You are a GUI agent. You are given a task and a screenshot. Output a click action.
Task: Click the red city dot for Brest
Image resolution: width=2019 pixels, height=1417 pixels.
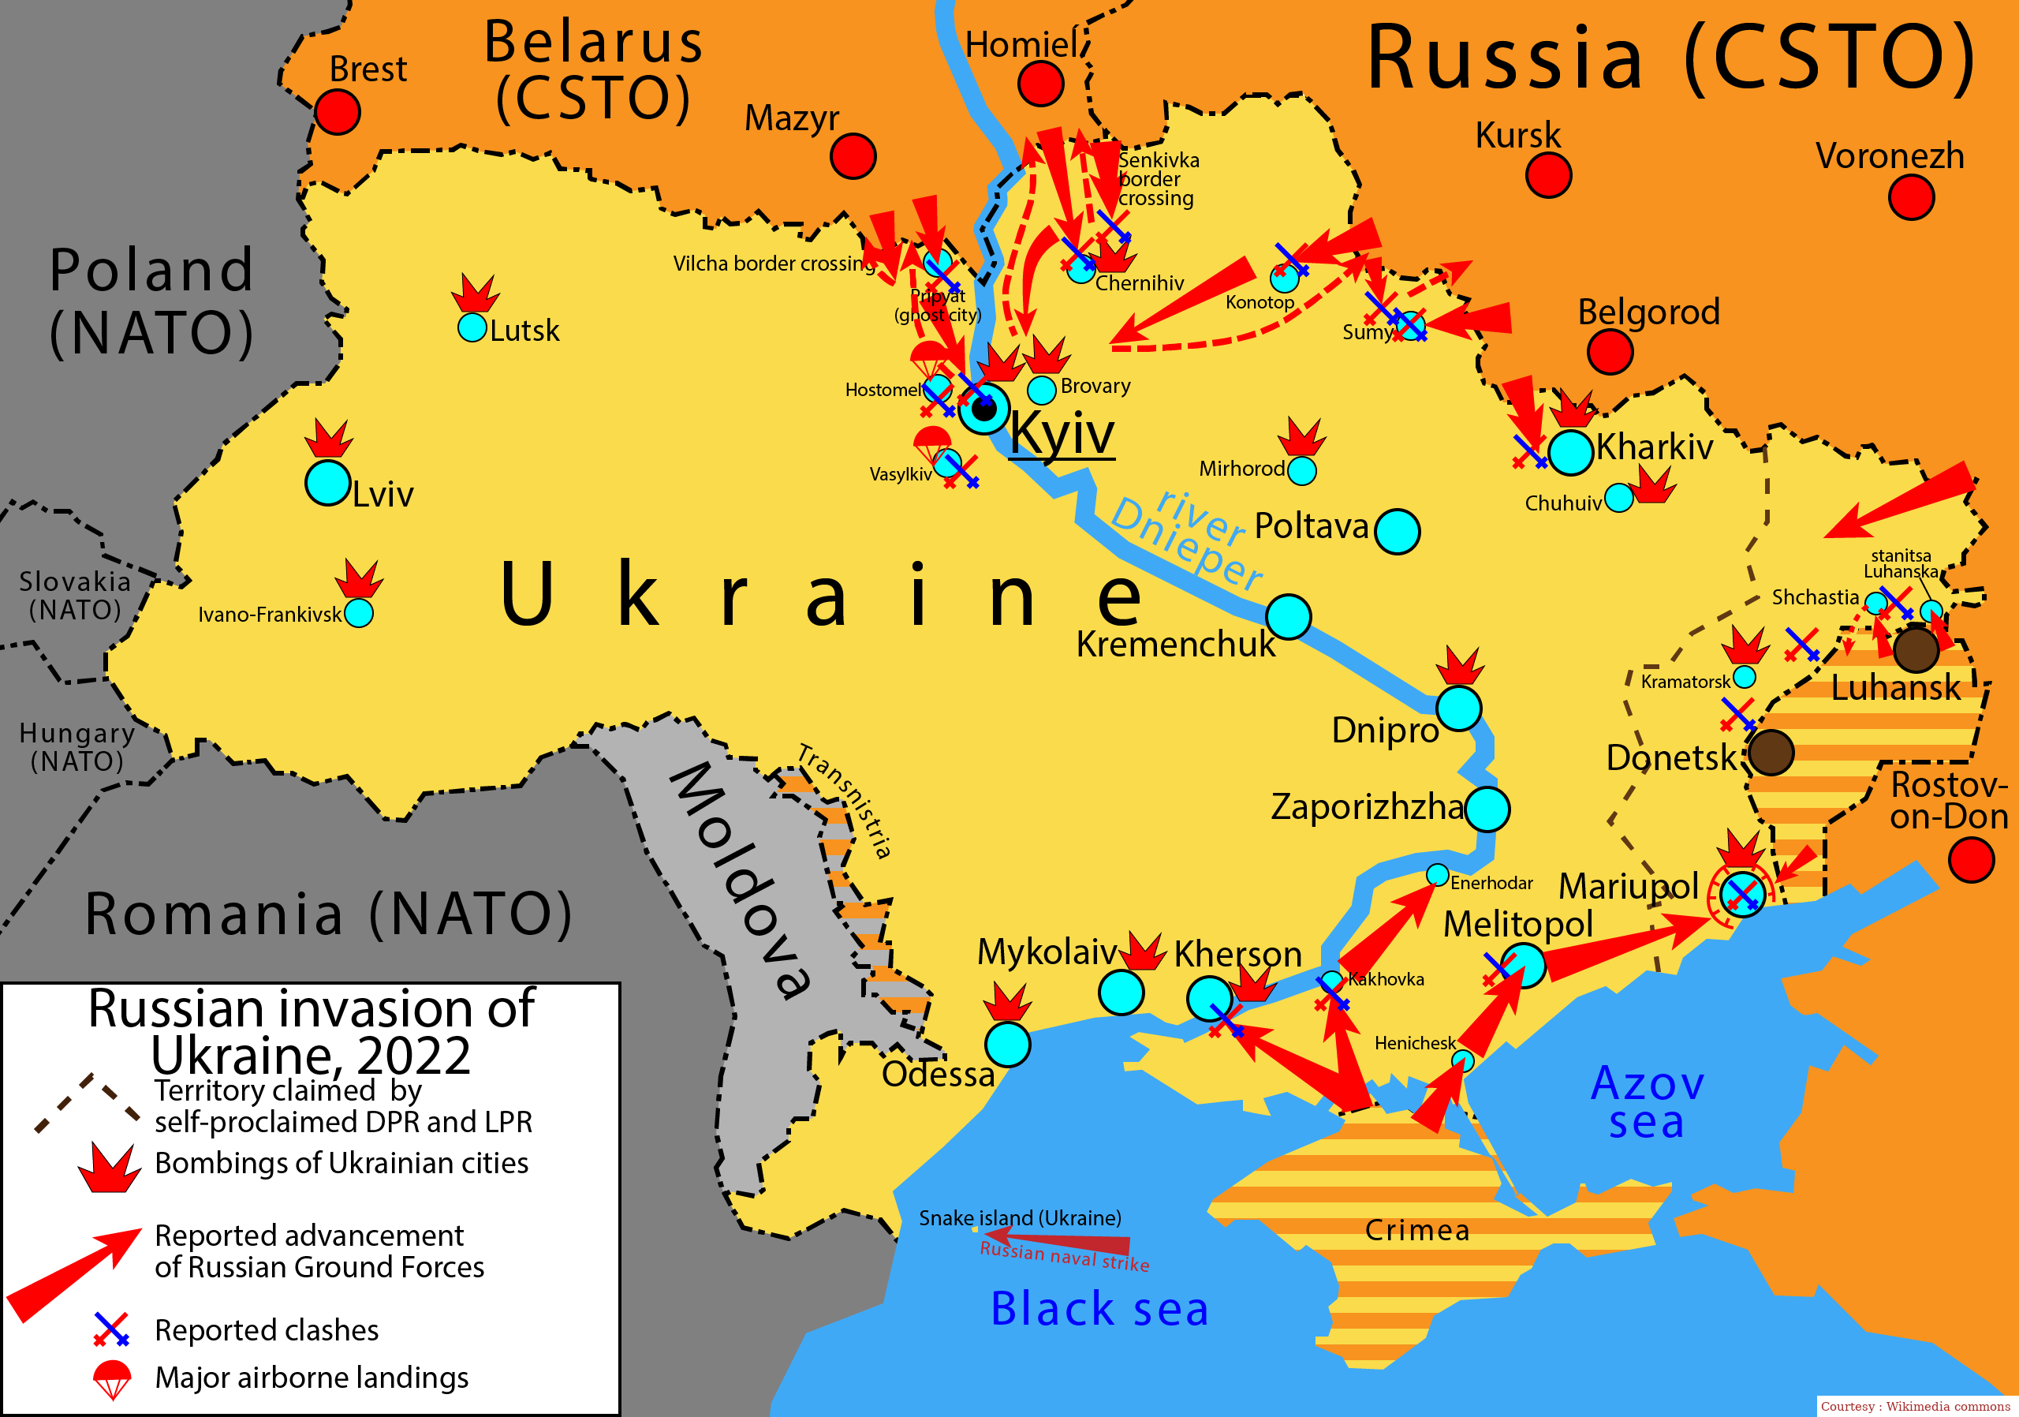click(337, 113)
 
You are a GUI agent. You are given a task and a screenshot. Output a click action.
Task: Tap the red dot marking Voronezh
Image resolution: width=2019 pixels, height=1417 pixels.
click(1910, 197)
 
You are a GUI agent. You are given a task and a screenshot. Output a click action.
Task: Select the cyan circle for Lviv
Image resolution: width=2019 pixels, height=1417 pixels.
click(328, 483)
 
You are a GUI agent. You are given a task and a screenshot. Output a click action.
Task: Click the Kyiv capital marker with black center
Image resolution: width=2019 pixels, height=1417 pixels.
click(984, 408)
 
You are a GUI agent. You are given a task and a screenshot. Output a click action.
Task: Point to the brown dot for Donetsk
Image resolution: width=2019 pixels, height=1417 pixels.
click(1770, 753)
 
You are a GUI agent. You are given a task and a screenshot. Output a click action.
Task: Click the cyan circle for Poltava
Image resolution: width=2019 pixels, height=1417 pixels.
click(1397, 531)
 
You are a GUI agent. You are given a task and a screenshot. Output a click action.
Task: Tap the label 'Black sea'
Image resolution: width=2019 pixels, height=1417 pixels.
click(1099, 1308)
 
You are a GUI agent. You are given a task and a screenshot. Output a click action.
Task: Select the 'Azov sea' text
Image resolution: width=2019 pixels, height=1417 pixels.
click(1647, 1102)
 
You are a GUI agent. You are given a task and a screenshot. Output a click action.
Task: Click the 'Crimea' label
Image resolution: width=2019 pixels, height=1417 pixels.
click(1416, 1231)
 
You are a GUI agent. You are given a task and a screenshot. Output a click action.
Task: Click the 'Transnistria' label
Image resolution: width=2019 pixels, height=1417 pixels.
click(844, 801)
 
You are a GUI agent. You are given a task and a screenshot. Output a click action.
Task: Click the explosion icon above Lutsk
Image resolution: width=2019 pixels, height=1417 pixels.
click(475, 293)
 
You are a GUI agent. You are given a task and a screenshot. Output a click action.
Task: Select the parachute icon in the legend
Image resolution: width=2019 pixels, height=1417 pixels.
click(112, 1378)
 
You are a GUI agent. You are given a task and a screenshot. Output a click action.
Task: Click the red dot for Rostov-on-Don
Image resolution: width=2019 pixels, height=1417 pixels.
click(1971, 859)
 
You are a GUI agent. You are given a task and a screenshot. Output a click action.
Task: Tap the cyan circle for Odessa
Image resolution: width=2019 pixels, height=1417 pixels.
click(1007, 1044)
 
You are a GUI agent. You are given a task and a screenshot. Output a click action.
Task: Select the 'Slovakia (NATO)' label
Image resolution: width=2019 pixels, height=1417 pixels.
click(76, 596)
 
